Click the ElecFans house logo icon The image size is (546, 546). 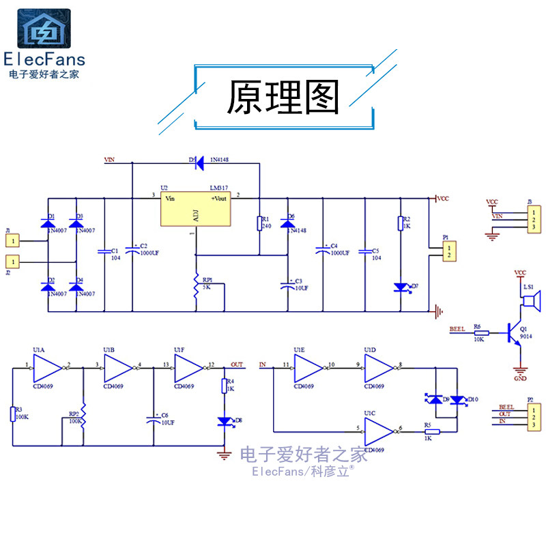pos(44,29)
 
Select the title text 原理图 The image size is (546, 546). pos(283,98)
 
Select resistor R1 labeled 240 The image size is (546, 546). pos(260,223)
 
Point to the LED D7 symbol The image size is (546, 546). pos(401,287)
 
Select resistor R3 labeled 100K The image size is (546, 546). pos(13,414)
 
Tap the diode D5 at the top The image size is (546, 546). pos(199,163)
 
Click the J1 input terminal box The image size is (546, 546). pos(15,240)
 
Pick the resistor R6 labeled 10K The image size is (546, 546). pos(481,332)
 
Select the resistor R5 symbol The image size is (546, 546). pos(431,431)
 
